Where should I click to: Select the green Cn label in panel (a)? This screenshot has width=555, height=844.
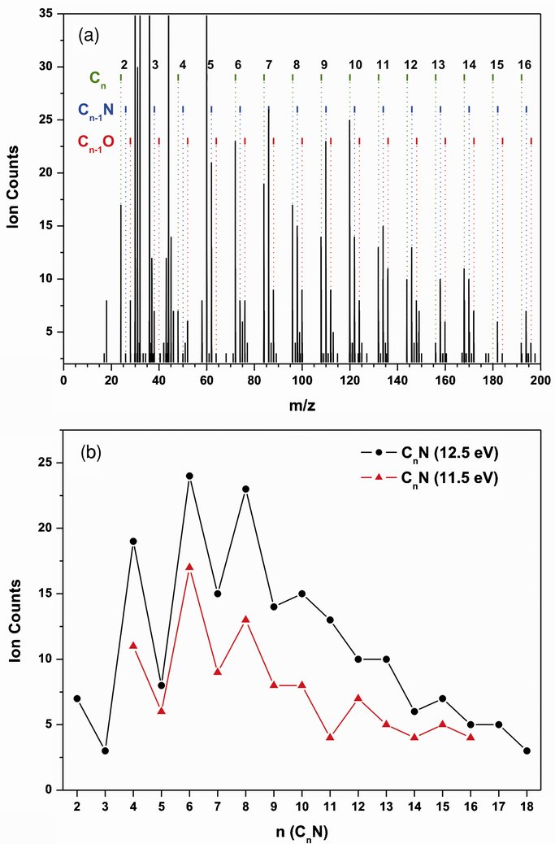97,78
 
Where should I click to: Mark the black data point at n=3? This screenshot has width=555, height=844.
105,750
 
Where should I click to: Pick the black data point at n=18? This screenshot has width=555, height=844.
527,750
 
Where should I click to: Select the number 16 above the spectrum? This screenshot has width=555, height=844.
525,64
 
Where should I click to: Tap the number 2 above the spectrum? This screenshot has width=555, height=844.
124,64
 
